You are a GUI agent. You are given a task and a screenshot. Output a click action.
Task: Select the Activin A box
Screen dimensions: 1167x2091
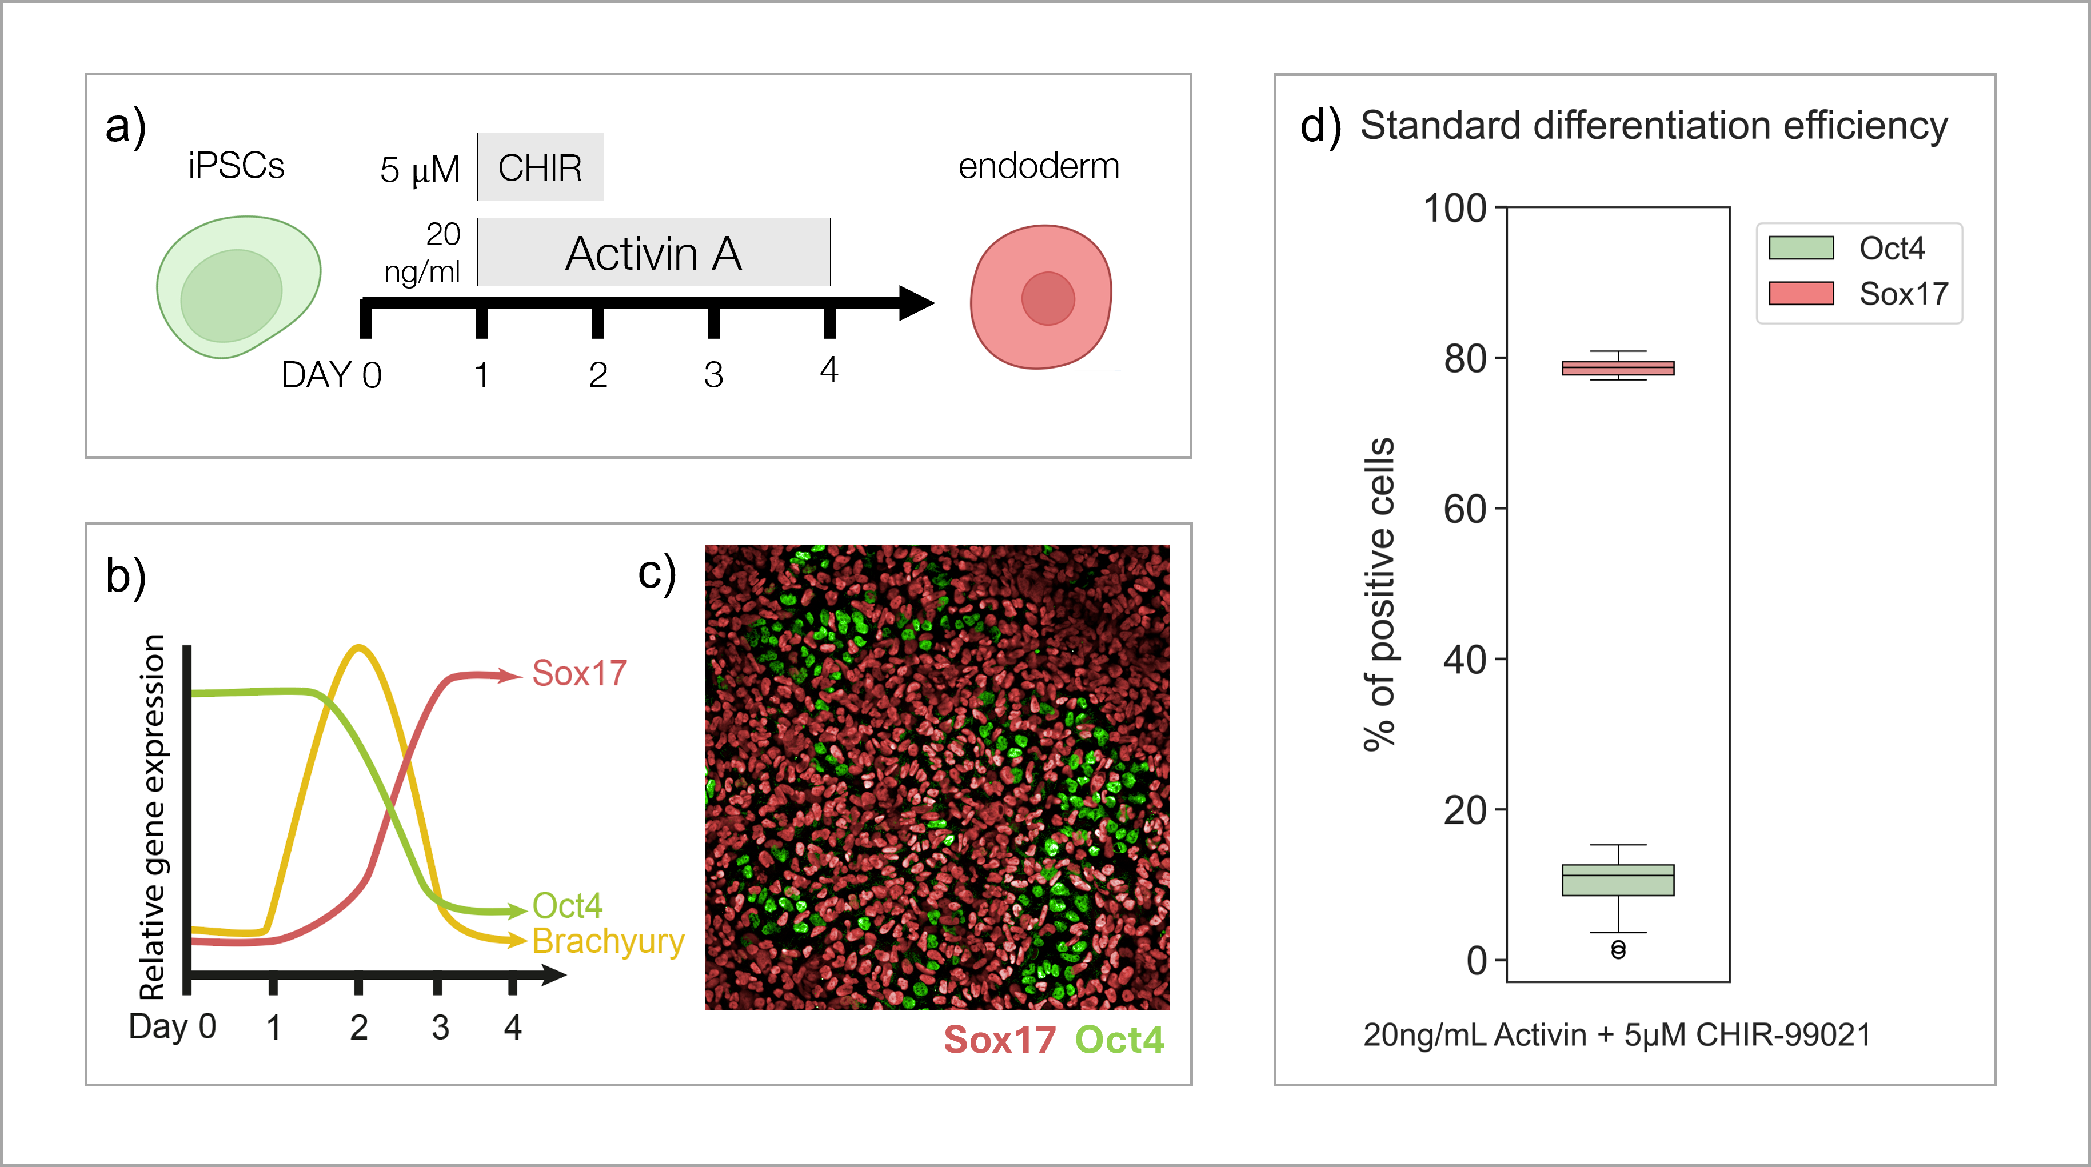coord(653,253)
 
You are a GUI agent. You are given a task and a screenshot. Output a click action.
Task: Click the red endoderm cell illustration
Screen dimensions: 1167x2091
coord(1040,297)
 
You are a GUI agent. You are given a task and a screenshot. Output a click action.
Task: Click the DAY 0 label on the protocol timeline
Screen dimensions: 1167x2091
coord(331,375)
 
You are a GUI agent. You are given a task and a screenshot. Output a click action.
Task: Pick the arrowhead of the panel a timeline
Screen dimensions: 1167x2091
coord(917,303)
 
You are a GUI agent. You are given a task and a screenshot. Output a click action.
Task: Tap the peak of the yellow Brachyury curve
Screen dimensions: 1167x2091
coord(359,648)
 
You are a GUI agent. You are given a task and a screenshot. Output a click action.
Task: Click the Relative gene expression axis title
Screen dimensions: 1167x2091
coord(153,816)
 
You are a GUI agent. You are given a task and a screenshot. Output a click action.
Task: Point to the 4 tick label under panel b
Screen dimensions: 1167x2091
coord(512,1028)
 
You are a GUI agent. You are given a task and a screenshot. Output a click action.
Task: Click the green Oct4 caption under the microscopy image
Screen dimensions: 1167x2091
coord(1119,1040)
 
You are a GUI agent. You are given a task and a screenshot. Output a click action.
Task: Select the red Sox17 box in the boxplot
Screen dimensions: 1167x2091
coord(1618,369)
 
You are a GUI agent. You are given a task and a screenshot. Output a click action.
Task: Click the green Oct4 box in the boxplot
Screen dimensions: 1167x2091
coord(1618,880)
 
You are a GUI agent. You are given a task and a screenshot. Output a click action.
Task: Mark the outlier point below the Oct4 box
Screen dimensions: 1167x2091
coord(1618,949)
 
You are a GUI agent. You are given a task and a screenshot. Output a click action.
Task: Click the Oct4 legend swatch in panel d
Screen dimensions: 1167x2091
coord(1801,247)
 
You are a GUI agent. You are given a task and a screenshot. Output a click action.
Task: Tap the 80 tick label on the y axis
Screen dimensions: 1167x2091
coord(1465,359)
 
